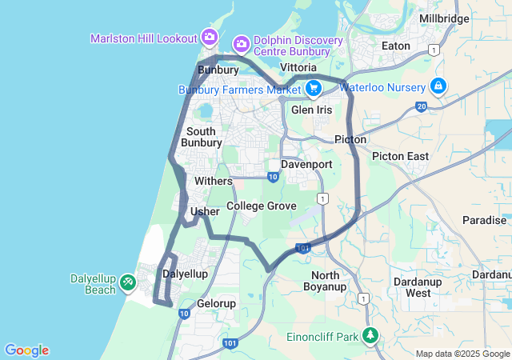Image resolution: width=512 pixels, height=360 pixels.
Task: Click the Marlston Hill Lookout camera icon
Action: coord(210,36)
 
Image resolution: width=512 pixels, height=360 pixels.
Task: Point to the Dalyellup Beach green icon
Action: coord(128,282)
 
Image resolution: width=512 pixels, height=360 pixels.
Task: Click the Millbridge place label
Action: coord(444,18)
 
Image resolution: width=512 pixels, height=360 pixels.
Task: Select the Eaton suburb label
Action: coord(396,46)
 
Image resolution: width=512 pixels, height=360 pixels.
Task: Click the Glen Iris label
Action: coord(312,110)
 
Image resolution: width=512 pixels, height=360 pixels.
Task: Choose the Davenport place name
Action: coord(306,164)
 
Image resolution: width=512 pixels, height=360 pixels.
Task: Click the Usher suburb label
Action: coord(205,212)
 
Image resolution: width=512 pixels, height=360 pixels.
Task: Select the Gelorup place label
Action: coord(216,304)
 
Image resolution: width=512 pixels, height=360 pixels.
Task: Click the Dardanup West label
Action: coord(418,287)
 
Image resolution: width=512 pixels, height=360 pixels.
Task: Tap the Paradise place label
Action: coord(484,220)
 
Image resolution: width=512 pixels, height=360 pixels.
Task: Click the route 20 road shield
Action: coord(421,106)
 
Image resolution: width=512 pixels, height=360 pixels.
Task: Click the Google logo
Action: coord(26,350)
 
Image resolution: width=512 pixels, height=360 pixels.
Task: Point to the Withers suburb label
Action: coord(214,182)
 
